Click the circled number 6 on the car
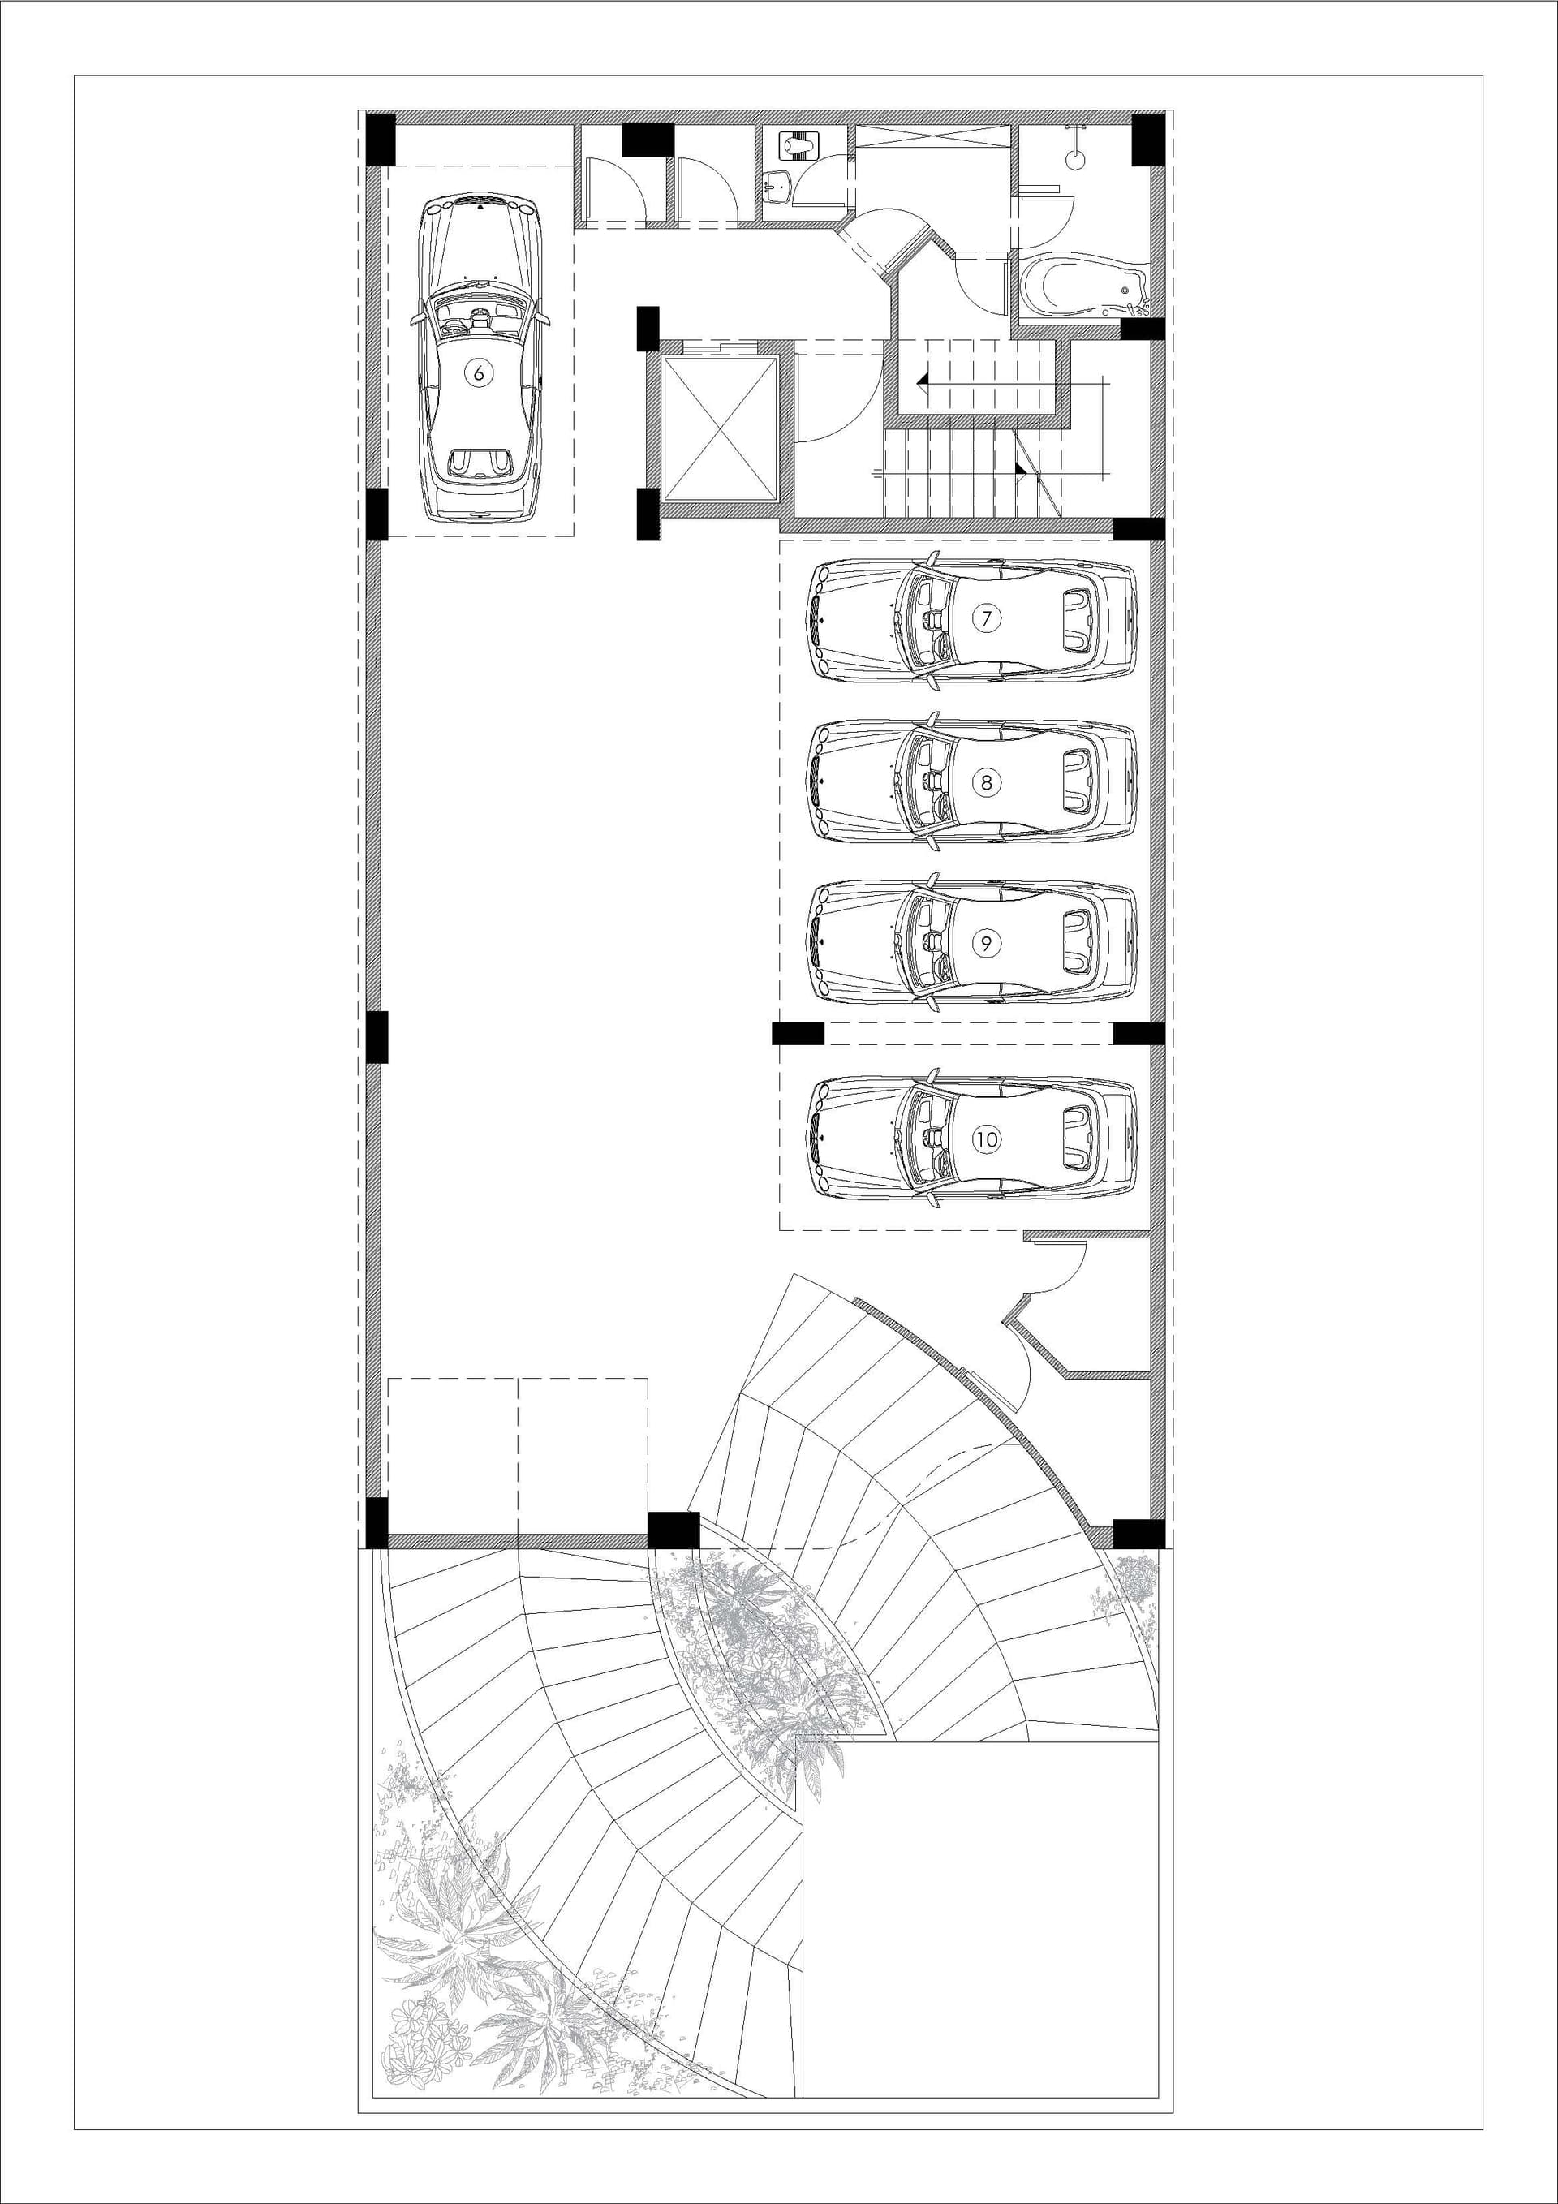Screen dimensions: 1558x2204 (x=478, y=372)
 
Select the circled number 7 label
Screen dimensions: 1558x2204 (x=986, y=618)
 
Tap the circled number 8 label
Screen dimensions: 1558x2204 (x=986, y=781)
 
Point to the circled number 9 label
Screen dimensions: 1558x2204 (x=986, y=943)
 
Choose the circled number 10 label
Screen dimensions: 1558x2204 (x=986, y=1139)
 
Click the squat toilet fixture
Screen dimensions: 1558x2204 (x=797, y=146)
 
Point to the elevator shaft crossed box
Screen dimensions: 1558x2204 (x=720, y=426)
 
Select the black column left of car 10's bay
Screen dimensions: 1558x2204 (x=798, y=1033)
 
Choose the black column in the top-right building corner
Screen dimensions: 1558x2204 (x=1148, y=140)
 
